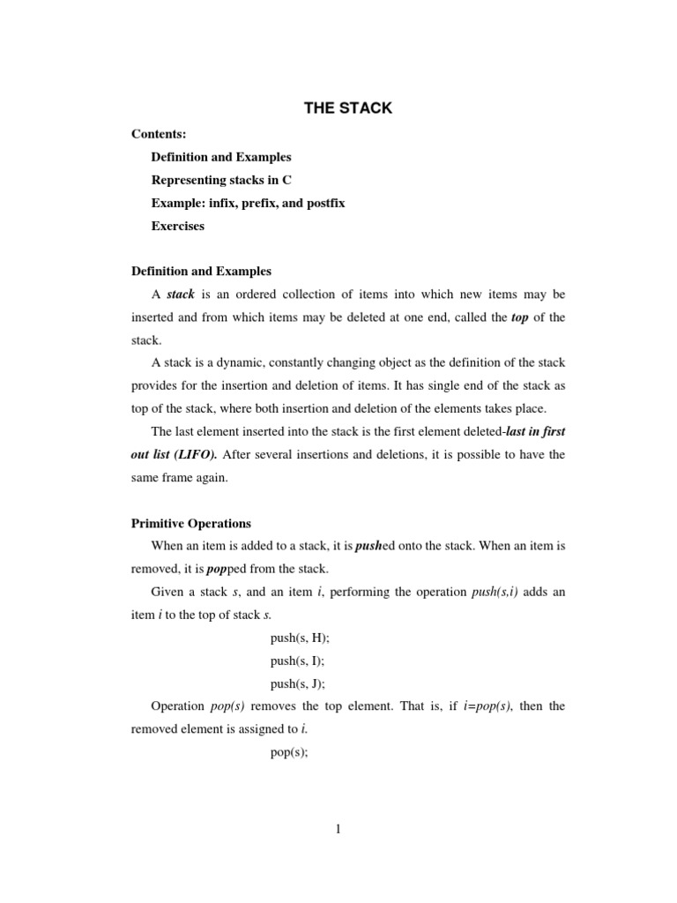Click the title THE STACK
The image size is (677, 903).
coord(348,108)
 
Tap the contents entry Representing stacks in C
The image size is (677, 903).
coord(221,180)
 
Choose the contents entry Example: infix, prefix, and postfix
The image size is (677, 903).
coord(248,203)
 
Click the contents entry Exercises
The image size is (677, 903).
coord(177,226)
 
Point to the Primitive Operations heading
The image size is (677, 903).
coord(191,523)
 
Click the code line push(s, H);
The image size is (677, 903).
coord(298,637)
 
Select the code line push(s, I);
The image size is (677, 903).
coord(296,660)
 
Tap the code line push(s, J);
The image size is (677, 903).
coord(297,683)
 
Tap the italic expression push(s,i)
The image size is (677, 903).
coord(495,592)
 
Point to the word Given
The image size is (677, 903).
coord(167,592)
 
